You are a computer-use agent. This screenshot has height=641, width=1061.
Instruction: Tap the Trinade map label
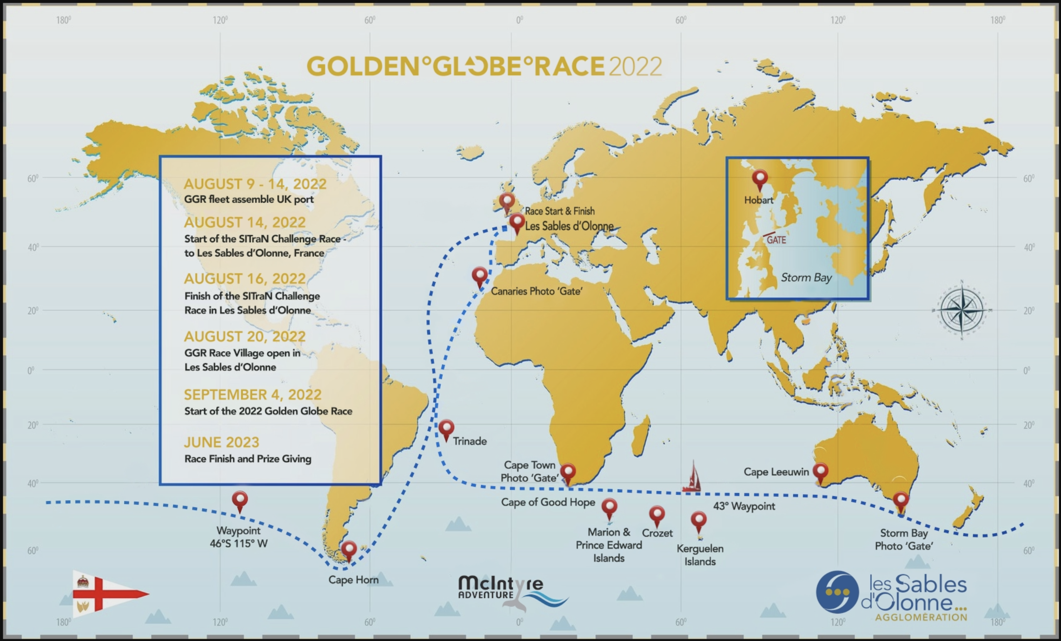[x=470, y=441]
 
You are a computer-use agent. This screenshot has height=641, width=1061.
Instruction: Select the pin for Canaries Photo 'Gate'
[x=480, y=276]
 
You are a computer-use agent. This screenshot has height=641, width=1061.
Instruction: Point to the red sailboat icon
[x=692, y=477]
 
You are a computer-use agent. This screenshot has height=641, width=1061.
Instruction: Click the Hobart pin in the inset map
[x=760, y=179]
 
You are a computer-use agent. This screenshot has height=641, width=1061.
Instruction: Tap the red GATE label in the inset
[x=776, y=240]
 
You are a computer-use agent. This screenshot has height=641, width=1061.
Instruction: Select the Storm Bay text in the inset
[x=806, y=278]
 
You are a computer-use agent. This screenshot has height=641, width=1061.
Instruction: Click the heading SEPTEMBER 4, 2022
[x=252, y=394]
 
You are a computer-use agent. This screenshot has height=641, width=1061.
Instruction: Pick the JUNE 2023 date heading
[x=221, y=442]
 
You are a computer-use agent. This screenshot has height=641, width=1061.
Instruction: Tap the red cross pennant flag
[x=107, y=594]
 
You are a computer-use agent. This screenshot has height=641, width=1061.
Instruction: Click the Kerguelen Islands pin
[x=698, y=521]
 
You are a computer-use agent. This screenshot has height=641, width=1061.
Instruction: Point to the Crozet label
[x=657, y=533]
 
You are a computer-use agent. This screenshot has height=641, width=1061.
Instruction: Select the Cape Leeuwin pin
[x=820, y=472]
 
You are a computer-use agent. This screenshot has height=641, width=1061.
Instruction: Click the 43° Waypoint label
[x=744, y=506]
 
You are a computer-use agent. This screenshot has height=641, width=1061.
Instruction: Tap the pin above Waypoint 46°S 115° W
[x=240, y=501]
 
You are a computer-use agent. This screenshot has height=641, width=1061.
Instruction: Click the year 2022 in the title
[x=635, y=67]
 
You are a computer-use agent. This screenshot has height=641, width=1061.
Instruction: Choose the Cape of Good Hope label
[x=548, y=502]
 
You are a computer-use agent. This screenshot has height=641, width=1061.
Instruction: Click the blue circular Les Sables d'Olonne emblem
[x=837, y=592]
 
